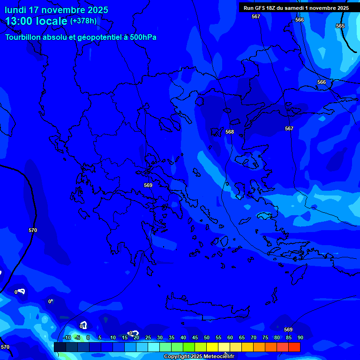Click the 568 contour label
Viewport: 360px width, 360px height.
tap(230, 132)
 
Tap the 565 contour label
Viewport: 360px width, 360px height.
tap(340, 26)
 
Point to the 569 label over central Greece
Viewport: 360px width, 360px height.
tap(148, 185)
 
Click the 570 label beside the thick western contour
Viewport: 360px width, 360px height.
tap(33, 230)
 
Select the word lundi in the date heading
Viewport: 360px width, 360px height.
tap(16, 10)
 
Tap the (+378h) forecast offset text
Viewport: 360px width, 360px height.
tap(83, 21)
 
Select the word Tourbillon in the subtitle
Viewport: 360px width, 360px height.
tap(23, 37)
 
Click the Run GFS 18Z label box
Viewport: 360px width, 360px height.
tap(296, 8)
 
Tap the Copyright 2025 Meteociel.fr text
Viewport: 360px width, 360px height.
tap(199, 357)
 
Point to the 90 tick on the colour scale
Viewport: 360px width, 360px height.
tap(300, 338)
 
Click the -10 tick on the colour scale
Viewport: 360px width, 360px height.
tap(67, 338)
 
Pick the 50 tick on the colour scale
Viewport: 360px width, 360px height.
tap(207, 338)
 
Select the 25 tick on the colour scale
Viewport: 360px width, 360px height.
tap(148, 338)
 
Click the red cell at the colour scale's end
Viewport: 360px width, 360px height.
tap(294, 347)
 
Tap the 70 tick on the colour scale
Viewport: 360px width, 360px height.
tap(254, 338)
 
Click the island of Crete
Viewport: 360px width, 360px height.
tap(206, 305)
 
